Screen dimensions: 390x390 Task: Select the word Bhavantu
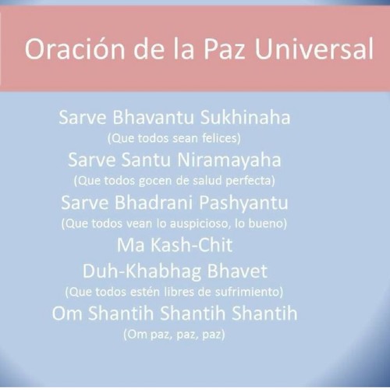coord(153,117)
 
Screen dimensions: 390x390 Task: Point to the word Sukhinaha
coord(245,117)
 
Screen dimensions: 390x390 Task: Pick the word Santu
coord(146,160)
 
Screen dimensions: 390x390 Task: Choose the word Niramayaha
coord(229,161)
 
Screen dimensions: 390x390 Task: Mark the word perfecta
coord(250,181)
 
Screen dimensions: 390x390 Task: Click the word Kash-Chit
coord(191,245)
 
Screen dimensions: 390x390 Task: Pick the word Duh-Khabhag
coord(142,272)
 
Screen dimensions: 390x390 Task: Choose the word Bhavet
coord(237,271)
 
